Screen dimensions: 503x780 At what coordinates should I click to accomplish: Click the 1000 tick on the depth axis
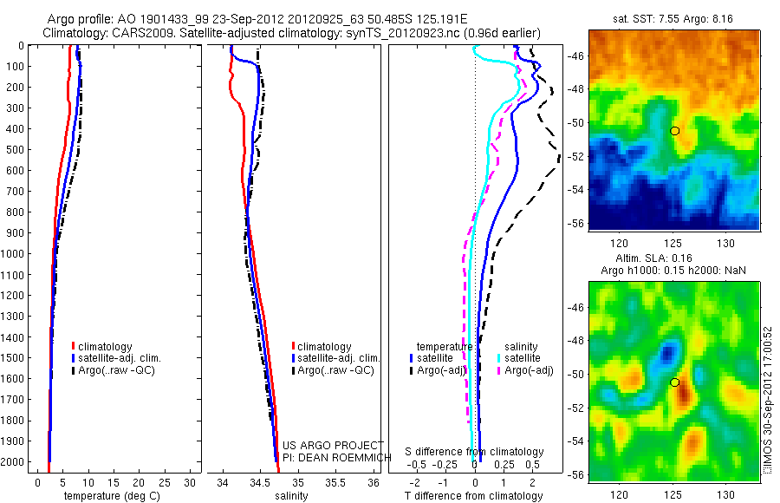pos(16,253)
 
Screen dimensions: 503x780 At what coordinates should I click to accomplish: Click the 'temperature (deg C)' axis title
pos(105,496)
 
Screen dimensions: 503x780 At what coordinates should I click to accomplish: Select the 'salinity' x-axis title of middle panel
pos(290,496)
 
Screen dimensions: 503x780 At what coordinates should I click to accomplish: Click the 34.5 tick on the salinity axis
pos(261,481)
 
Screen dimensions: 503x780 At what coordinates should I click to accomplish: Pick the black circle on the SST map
pos(674,130)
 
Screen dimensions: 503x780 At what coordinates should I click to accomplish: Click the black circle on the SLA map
pos(674,382)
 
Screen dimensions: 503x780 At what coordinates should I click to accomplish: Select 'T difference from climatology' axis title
pos(475,496)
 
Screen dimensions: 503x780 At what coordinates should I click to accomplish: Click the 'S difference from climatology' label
pos(475,452)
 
